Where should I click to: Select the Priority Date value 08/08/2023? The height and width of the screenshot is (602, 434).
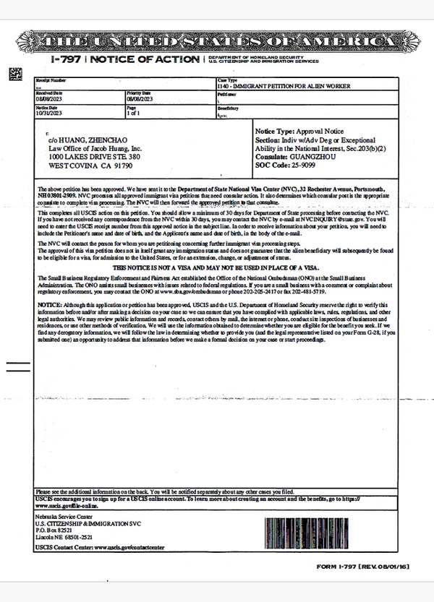141,100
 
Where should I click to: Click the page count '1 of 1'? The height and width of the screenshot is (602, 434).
134,113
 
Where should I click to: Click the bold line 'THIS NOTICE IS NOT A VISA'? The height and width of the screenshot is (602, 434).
217,267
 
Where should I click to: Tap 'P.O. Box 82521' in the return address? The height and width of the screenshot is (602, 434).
54,531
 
